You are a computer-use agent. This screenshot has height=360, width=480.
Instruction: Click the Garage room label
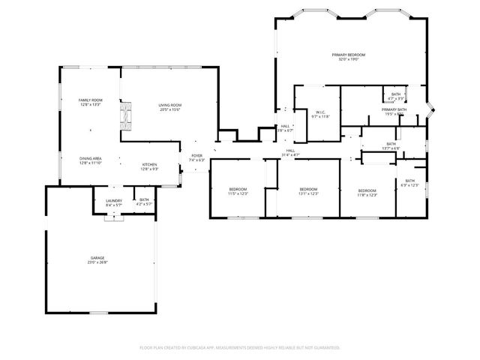tap(98, 257)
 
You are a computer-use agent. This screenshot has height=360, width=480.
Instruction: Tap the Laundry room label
tap(114, 200)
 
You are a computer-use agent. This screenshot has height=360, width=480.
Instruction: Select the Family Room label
tap(91, 100)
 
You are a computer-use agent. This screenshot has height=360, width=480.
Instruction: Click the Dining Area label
tap(91, 158)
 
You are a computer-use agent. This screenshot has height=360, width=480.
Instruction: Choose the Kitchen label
tap(150, 164)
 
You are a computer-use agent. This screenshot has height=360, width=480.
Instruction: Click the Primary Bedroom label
tap(349, 55)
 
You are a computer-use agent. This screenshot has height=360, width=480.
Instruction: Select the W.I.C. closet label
tap(319, 112)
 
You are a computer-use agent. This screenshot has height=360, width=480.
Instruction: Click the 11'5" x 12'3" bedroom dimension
tap(238, 193)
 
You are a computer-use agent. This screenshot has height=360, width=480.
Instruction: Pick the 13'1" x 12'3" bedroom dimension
tap(309, 193)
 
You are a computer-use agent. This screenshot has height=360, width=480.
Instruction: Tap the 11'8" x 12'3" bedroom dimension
tap(367, 194)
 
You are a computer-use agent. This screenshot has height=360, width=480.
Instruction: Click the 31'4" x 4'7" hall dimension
tap(290, 154)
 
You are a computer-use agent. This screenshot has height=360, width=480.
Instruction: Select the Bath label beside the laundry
tap(143, 199)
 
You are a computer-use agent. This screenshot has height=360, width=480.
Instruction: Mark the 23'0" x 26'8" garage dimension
tap(98, 262)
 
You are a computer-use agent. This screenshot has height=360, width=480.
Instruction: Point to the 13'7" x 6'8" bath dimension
tap(391, 148)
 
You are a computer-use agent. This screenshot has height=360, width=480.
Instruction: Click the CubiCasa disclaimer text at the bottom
tap(240, 348)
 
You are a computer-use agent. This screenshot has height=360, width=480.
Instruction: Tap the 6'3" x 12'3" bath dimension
tap(409, 184)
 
